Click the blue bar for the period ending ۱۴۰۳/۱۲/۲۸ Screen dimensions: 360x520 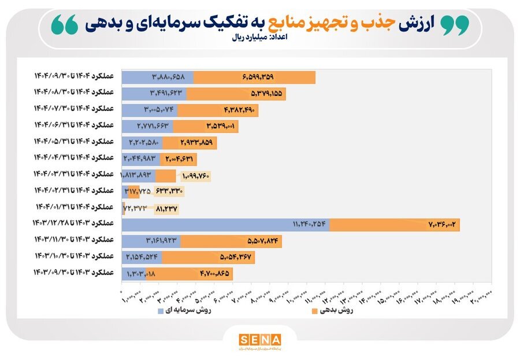[x=225, y=224]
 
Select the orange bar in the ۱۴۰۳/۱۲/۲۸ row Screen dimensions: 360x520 [x=395, y=224]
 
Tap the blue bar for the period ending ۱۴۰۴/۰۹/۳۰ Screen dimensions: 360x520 [x=157, y=77]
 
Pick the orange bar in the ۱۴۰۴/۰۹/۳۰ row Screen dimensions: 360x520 [x=254, y=77]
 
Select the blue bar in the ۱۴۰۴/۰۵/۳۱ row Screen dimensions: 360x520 [x=142, y=143]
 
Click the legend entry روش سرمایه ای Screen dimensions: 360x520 [x=185, y=310]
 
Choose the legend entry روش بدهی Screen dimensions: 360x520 [x=332, y=310]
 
